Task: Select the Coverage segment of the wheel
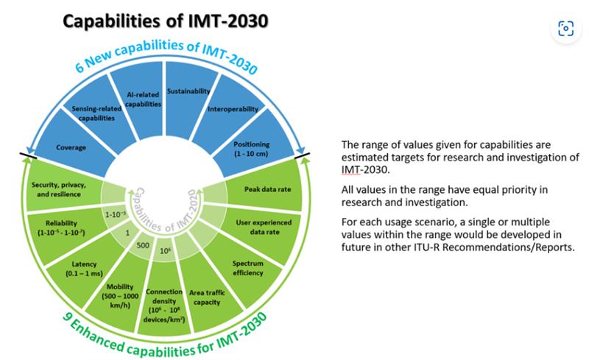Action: click(71, 147)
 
